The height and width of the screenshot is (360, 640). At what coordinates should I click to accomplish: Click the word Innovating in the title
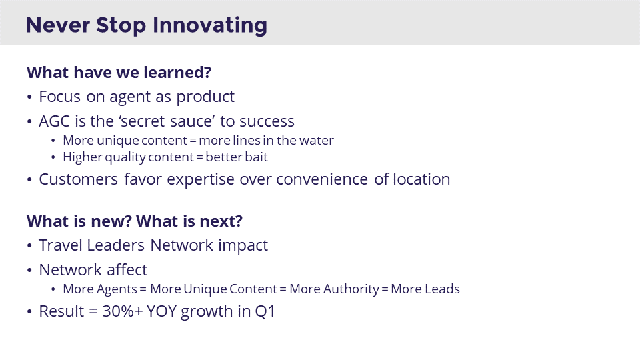[x=210, y=26]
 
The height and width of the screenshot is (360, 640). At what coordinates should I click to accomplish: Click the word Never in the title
[x=58, y=25]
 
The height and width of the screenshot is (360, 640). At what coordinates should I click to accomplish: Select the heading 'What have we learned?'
[x=119, y=73]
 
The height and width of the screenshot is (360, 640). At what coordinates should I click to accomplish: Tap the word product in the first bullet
[x=205, y=97]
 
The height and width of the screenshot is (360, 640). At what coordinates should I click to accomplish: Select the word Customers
[x=79, y=179]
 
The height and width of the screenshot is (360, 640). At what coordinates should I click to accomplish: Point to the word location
[x=421, y=179]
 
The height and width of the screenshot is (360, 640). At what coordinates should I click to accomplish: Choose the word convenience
[x=322, y=179]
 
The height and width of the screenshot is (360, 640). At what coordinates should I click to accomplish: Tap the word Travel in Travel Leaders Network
[x=61, y=245]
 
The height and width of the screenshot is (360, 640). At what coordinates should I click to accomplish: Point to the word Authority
[x=351, y=289]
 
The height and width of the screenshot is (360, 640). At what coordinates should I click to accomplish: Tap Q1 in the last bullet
[x=265, y=312]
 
